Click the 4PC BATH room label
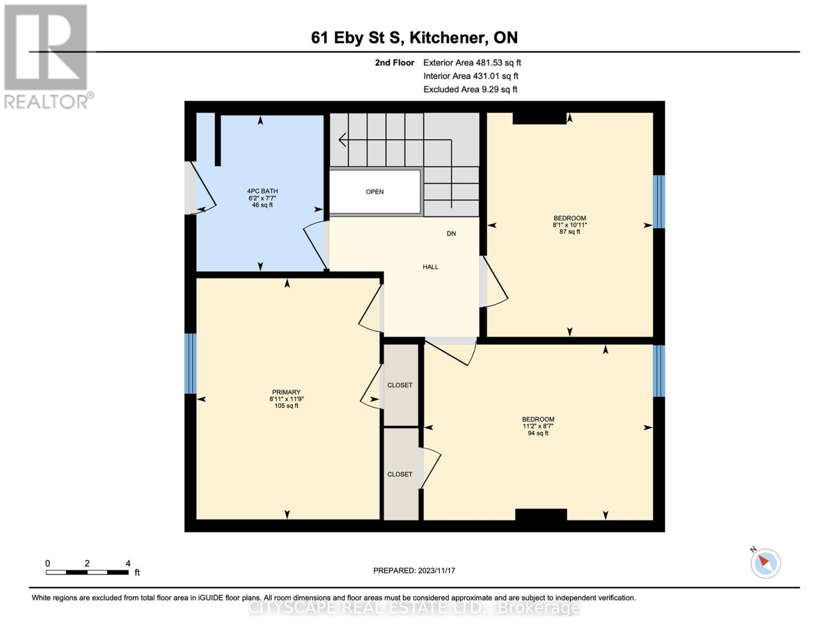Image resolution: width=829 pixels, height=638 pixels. (x=262, y=191)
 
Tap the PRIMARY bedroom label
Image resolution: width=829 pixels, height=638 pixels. (x=286, y=392)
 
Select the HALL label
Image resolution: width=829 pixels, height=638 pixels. (x=430, y=267)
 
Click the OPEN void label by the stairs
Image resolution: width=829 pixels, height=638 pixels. (x=375, y=192)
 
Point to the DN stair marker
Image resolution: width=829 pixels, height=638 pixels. (x=451, y=234)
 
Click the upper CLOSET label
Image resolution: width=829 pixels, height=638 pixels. (x=400, y=385)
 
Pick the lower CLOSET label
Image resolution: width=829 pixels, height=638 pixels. (x=400, y=474)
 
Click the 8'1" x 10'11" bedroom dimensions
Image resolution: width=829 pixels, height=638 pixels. (x=570, y=225)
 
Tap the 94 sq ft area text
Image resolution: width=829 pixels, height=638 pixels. (x=538, y=433)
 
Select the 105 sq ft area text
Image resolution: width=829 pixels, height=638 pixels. (x=286, y=406)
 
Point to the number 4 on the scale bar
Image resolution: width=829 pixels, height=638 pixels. (x=128, y=564)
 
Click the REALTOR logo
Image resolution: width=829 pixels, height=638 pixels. (x=46, y=56)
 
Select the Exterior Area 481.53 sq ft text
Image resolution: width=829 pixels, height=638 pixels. (x=472, y=63)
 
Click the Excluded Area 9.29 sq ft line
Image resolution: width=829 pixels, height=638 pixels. (x=470, y=89)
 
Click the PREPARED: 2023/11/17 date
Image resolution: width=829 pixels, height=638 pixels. (x=414, y=570)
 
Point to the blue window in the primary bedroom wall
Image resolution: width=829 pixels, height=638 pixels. (x=190, y=363)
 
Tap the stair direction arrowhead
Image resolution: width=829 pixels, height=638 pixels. (x=342, y=140)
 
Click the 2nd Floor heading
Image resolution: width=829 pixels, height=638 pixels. (x=394, y=63)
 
